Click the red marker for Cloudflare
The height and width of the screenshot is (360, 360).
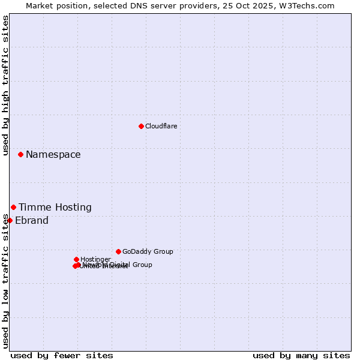pyautogui.click(x=141, y=126)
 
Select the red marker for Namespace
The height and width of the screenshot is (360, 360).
pyautogui.click(x=20, y=154)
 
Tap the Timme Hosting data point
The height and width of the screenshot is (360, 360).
pyautogui.click(x=13, y=207)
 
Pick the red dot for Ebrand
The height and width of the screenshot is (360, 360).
pyautogui.click(x=10, y=220)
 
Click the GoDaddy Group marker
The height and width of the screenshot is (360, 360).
pyautogui.click(x=118, y=251)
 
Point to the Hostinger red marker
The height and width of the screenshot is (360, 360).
pyautogui.click(x=76, y=259)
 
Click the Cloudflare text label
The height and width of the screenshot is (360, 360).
pyautogui.click(x=161, y=126)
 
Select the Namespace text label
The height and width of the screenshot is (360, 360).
pyautogui.click(x=53, y=155)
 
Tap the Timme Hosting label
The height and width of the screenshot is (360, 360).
pyautogui.click(x=55, y=208)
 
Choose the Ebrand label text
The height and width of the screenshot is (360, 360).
pyautogui.click(x=31, y=221)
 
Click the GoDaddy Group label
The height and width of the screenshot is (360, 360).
pyautogui.click(x=148, y=252)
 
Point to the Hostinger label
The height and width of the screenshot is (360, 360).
pyautogui.click(x=95, y=259)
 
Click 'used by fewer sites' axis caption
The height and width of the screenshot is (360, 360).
pyautogui.click(x=62, y=355)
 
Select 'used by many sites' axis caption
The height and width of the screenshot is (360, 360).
pyautogui.click(x=301, y=355)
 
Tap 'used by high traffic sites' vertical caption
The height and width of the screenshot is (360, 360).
pyautogui.click(x=6, y=85)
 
